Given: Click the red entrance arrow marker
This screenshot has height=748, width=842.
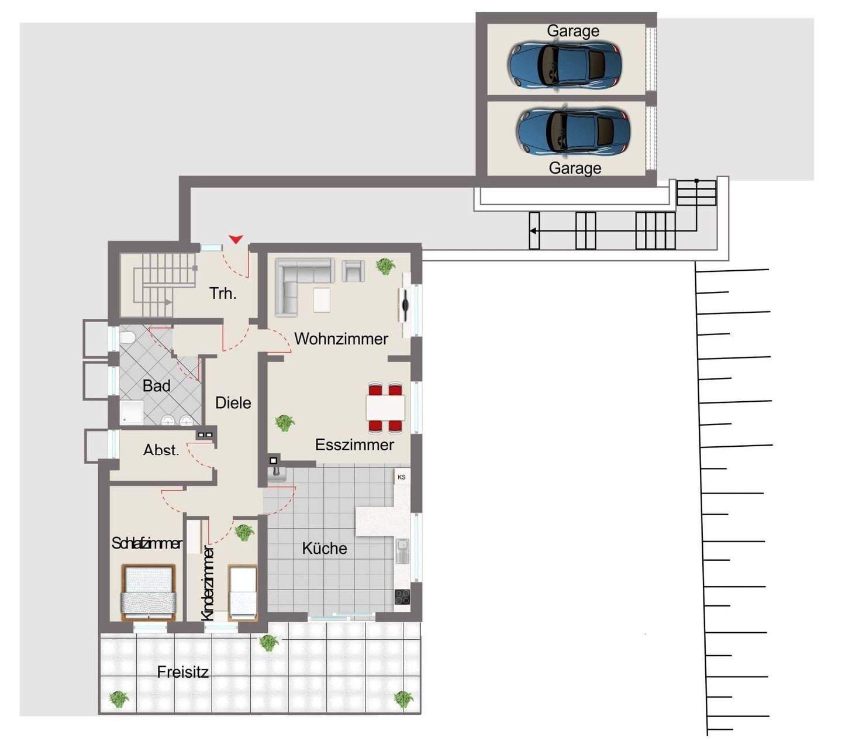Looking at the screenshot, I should coord(236,239).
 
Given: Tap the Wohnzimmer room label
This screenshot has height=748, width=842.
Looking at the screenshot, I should coord(341,339).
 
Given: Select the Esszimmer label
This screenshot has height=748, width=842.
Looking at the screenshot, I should coord(354,444).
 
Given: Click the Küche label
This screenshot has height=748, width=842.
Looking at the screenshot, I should coord(325,548).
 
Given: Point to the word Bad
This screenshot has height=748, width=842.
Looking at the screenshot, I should coord(157,385).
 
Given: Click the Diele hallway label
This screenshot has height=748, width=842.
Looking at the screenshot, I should coord(233,402).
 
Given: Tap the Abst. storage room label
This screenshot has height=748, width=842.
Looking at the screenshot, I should coord(161,450).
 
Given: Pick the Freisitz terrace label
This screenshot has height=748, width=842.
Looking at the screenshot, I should coord(182,672).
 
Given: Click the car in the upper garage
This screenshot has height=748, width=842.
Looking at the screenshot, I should coord(564,64).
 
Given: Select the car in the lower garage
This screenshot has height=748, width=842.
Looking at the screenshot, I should coord(573,132).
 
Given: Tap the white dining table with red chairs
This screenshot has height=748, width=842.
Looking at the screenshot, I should coord(386,408).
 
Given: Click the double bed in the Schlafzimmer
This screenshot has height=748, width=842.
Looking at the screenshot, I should coord(149,592).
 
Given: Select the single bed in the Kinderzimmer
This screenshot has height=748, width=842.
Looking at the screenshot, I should coord(243,592).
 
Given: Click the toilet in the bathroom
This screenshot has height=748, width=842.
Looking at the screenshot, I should coord(127,338).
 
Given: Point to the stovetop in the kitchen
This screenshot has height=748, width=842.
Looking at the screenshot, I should coord(402,597).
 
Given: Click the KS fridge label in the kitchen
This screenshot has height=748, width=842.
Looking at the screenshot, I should coord(402,477).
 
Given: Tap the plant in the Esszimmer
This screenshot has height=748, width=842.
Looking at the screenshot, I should coord(285,422).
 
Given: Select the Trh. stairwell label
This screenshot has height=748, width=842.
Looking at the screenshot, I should coord(223,293).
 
